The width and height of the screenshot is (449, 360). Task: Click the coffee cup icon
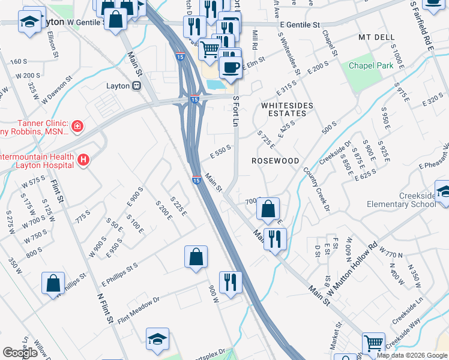point(230,66)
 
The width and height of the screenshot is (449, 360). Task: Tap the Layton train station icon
point(136,86)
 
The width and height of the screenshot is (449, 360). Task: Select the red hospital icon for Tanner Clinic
point(77,126)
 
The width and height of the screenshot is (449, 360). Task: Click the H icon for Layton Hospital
point(83,160)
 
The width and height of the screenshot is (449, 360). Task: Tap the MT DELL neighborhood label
point(376,37)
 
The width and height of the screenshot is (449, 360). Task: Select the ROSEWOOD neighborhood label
point(275,161)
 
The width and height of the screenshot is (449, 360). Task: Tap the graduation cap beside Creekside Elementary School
point(443,192)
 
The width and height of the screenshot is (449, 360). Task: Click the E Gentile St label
point(300,25)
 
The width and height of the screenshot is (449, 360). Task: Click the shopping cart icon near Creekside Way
point(374,343)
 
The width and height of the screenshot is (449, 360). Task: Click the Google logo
point(20,353)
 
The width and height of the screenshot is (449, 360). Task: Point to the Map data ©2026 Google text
point(412,355)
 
